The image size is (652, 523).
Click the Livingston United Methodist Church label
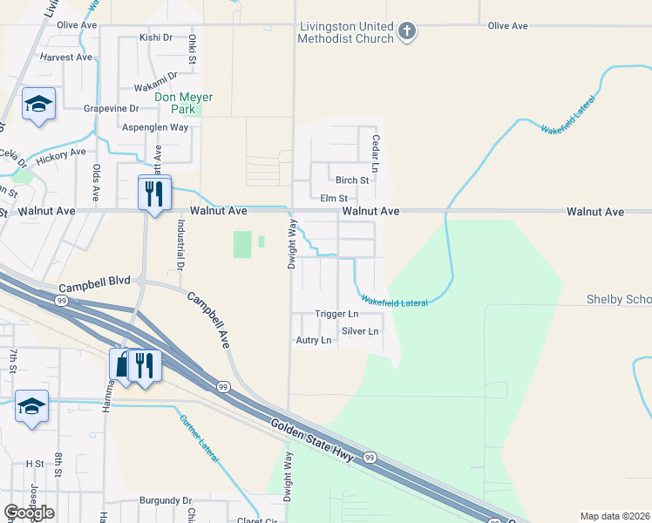(345, 32)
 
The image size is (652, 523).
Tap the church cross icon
(406, 32)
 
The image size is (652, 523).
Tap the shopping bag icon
(123, 363)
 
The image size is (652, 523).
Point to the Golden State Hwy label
(310, 441)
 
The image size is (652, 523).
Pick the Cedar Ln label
(376, 152)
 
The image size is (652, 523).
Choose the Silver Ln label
(361, 331)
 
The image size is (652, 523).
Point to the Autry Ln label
(314, 340)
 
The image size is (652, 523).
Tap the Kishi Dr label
(157, 38)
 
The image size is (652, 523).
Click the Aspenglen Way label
(155, 127)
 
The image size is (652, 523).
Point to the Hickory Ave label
(60, 152)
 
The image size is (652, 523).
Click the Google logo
(29, 513)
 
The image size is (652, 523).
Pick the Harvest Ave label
(65, 58)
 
